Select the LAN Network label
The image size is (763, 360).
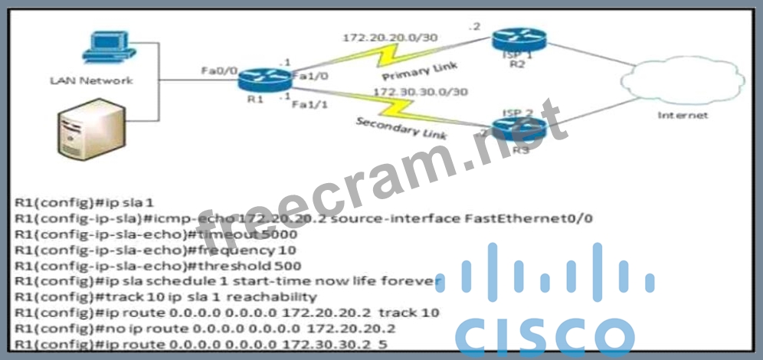(x=91, y=80)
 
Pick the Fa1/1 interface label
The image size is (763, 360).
(x=307, y=105)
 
